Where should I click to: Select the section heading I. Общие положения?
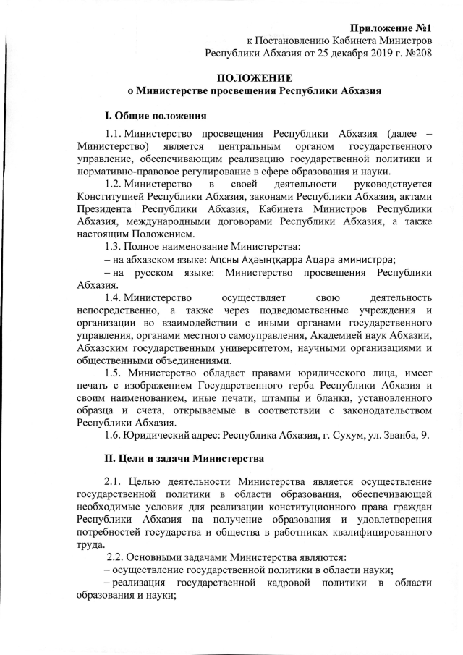[x=156, y=115]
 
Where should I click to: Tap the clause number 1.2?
[x=114, y=185]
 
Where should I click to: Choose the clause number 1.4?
[x=114, y=297]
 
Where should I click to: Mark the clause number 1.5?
[x=115, y=371]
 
